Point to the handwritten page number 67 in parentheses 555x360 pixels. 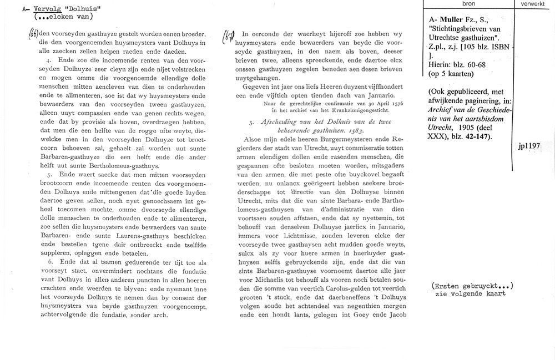(228, 37)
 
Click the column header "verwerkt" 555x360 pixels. (533, 3)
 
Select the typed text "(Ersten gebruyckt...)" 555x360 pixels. (472, 285)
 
